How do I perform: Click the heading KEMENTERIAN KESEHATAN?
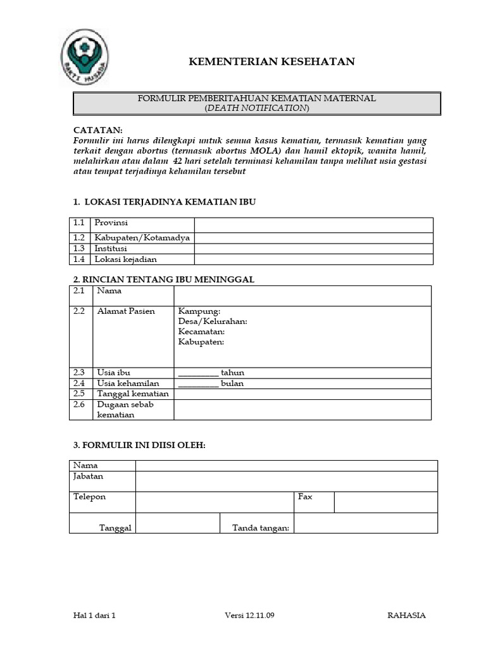(x=273, y=61)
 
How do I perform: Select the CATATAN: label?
(x=98, y=129)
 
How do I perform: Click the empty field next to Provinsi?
(x=313, y=225)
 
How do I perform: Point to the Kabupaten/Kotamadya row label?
(x=142, y=238)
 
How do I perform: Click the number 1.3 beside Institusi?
(x=78, y=249)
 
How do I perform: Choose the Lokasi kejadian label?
(x=125, y=259)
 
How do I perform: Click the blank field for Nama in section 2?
(x=302, y=296)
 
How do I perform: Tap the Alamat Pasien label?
(x=126, y=312)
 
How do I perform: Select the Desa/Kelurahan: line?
(x=213, y=321)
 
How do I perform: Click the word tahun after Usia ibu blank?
(x=232, y=373)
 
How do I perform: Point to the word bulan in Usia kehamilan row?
(x=232, y=383)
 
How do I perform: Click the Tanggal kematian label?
(x=133, y=394)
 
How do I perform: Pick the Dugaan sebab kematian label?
(x=125, y=409)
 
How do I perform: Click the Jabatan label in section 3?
(x=89, y=477)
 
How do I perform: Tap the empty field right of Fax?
(x=385, y=502)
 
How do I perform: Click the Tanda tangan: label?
(x=261, y=528)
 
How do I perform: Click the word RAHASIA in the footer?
(x=406, y=616)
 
